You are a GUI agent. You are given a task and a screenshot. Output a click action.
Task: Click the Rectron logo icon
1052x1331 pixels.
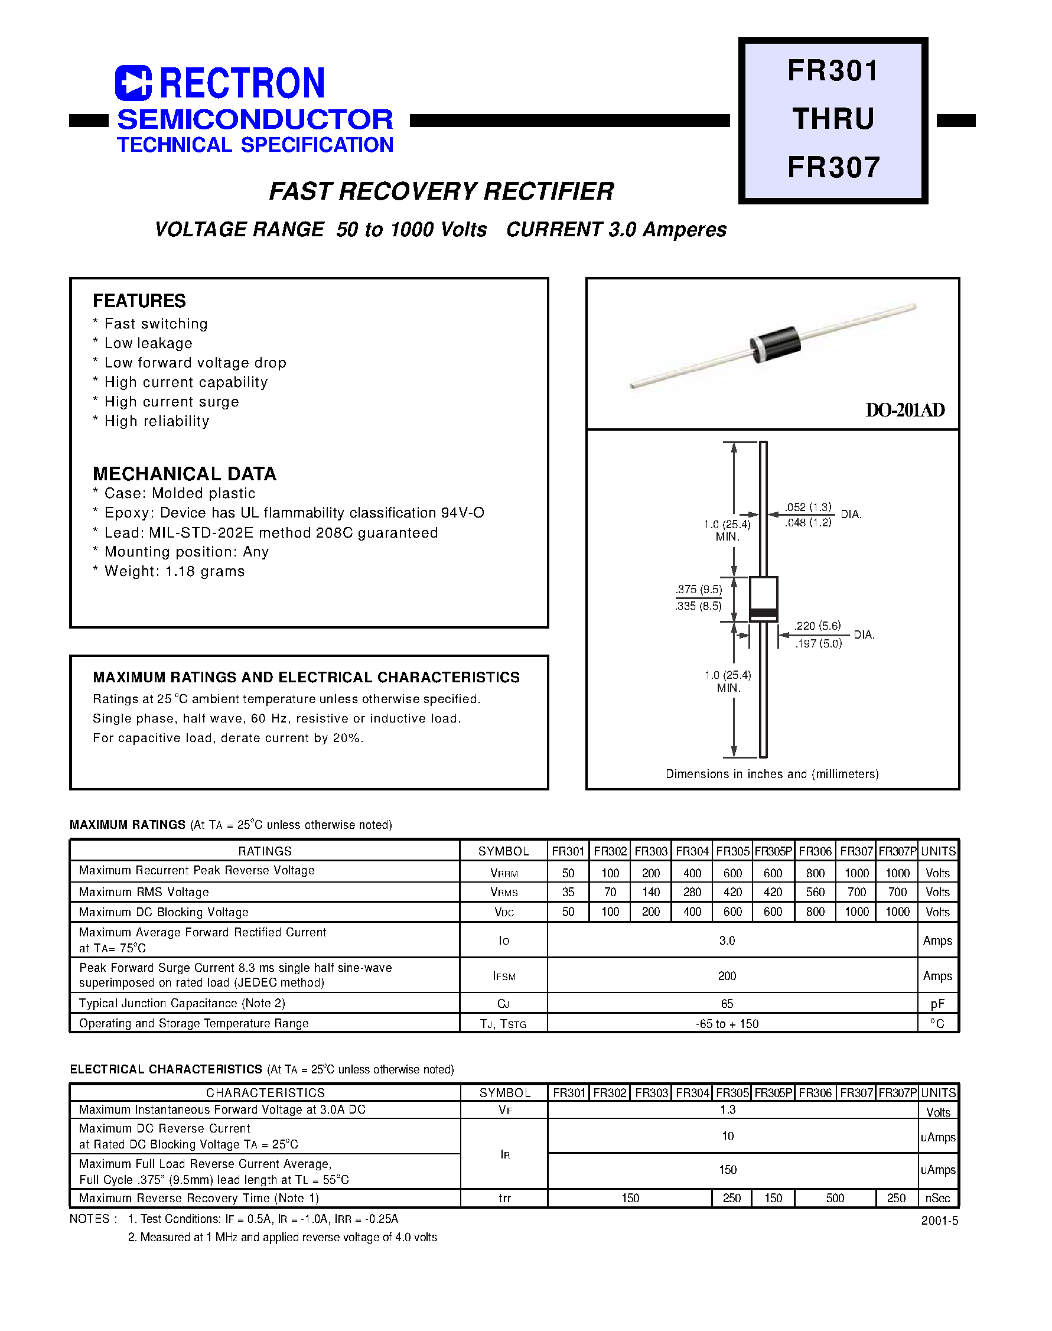133,83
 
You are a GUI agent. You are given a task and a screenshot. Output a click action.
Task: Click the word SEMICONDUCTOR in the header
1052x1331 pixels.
255,119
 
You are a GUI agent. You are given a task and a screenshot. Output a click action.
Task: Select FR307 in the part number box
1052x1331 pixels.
833,168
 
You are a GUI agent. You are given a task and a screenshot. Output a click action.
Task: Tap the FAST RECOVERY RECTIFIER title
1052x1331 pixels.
442,191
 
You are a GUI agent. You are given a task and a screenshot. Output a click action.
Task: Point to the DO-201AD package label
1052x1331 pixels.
904,410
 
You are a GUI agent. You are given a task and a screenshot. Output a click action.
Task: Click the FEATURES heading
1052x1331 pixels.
139,301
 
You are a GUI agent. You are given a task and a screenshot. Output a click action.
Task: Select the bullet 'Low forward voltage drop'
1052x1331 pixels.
195,363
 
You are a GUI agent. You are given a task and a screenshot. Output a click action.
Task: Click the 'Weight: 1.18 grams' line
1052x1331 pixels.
174,572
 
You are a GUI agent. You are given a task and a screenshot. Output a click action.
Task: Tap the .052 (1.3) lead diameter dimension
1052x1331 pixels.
808,507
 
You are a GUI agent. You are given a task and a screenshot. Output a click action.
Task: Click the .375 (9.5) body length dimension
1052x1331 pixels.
698,590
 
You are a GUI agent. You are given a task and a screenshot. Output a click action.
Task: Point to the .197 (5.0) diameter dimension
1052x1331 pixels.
818,643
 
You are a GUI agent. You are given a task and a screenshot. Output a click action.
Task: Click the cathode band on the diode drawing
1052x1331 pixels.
763,612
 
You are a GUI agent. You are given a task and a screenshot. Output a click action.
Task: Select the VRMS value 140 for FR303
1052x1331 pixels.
650,893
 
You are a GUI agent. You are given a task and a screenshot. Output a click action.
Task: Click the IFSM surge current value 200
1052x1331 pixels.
727,976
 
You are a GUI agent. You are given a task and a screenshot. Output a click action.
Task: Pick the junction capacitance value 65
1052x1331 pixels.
727,1004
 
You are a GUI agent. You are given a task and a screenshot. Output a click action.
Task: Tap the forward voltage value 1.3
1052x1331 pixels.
727,1110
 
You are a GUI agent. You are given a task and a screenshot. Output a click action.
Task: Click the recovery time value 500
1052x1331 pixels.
835,1199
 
